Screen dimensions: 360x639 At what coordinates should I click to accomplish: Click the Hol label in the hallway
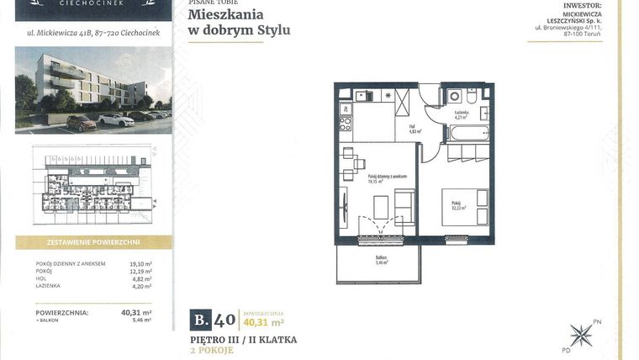click(x=415, y=130)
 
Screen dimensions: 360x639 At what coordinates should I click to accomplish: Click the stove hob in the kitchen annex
click(x=345, y=124)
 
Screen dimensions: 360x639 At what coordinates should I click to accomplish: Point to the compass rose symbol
click(x=580, y=336)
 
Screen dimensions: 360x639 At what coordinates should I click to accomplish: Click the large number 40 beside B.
click(x=224, y=319)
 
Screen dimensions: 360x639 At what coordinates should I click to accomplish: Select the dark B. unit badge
click(x=200, y=319)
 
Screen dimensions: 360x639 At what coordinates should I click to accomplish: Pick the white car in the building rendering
click(x=116, y=119)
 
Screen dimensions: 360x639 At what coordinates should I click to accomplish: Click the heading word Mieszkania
click(x=225, y=14)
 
